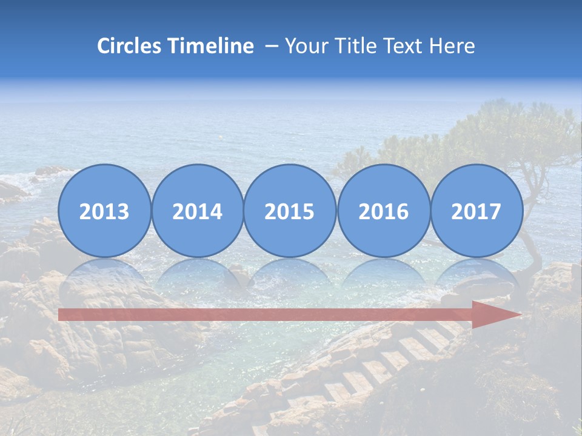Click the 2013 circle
click(104, 211)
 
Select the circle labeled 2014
click(198, 211)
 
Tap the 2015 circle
click(290, 211)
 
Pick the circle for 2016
click(383, 211)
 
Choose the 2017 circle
click(477, 211)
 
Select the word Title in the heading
click(360, 46)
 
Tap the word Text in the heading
click(409, 46)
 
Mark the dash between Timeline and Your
click(272, 47)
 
